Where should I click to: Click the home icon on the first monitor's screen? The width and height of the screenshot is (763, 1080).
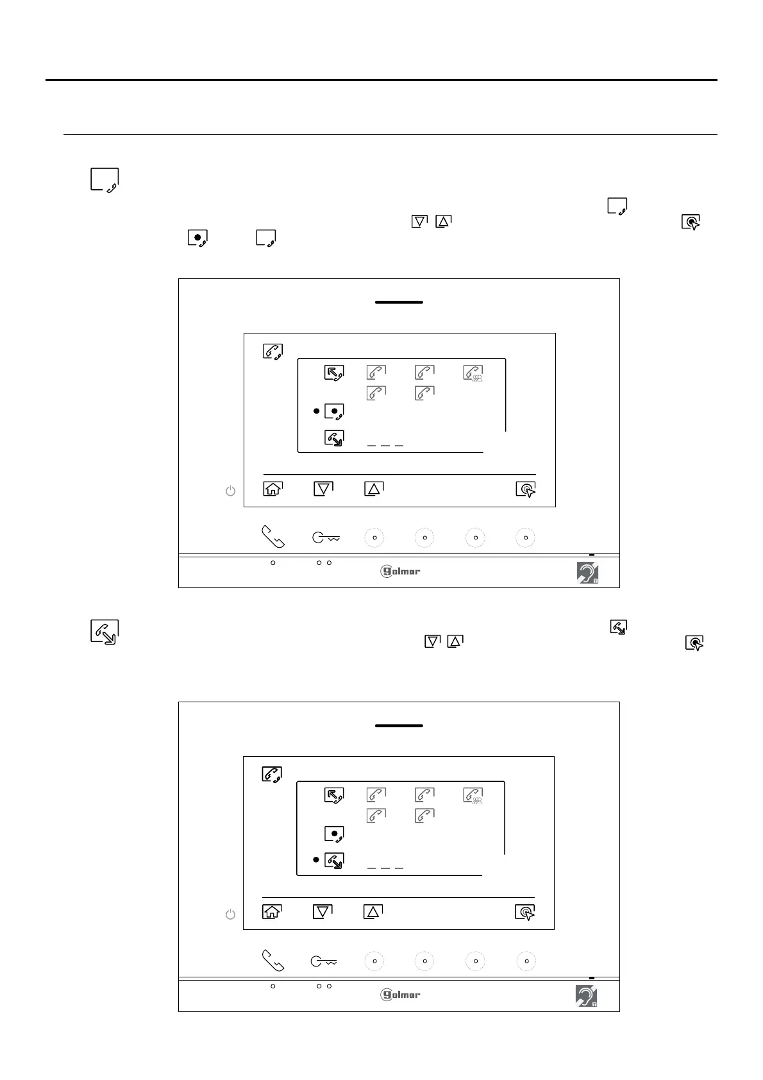273,489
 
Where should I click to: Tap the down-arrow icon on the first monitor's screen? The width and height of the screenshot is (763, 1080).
324,489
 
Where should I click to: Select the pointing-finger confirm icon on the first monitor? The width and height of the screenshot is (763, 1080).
526,490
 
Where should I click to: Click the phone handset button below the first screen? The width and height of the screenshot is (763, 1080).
273,537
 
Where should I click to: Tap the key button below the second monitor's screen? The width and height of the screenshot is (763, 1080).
324,961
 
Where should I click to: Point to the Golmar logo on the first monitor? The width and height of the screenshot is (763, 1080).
401,571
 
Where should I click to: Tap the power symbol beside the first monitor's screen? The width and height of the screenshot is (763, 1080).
230,491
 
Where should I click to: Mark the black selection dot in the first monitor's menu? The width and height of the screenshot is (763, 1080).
316,410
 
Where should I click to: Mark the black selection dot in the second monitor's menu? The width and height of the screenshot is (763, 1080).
316,859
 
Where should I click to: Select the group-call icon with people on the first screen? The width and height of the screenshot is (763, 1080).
474,373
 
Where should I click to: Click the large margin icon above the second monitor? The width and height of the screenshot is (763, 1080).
105,632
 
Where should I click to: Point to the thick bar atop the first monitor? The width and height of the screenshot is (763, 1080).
399,302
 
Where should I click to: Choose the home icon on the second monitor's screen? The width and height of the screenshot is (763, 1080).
272,911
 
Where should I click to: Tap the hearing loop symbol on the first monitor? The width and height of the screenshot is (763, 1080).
587,573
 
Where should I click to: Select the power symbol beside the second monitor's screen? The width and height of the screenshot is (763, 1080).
230,915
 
